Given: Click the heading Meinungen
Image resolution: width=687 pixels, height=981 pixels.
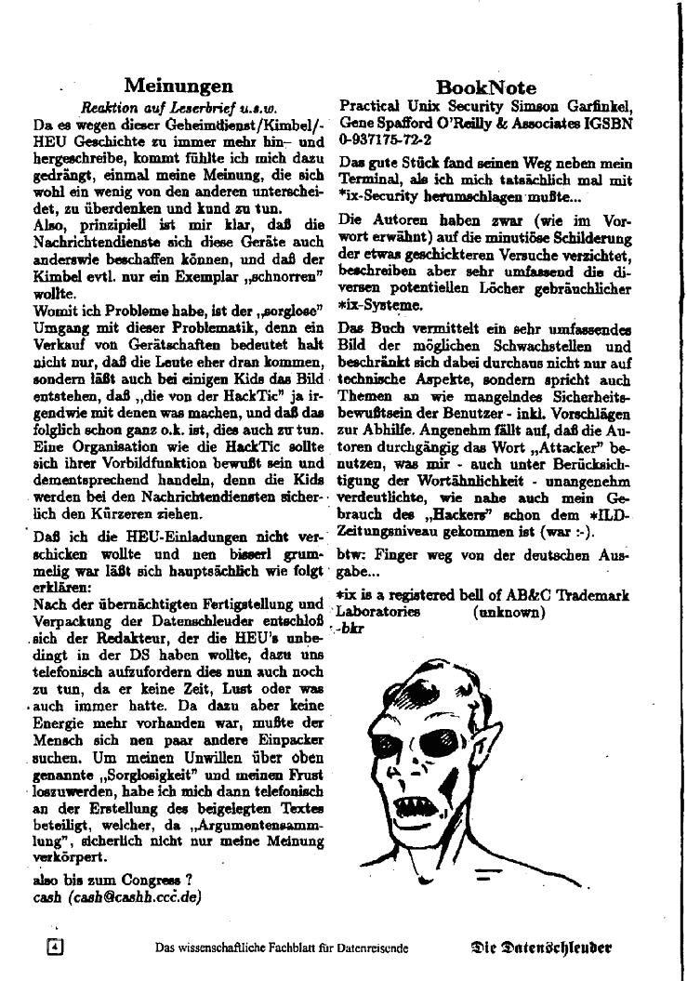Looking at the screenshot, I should click(178, 86).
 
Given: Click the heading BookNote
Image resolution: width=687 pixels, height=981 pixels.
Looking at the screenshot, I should click(485, 88).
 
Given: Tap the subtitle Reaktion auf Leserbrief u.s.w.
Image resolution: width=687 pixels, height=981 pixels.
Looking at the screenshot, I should click(179, 107).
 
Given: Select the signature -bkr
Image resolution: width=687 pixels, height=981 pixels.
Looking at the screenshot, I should click(351, 629).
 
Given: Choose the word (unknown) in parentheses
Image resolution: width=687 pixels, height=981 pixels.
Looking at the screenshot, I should click(509, 613).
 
